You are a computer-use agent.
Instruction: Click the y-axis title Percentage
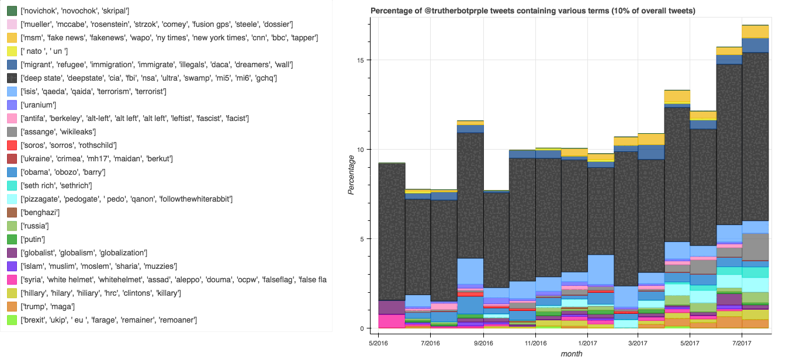point(351,175)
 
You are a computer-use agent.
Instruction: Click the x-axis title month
point(571,354)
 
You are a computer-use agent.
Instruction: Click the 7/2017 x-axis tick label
point(742,342)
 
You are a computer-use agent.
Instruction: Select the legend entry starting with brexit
point(108,320)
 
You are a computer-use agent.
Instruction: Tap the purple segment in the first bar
point(392,307)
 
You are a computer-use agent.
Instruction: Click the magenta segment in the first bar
point(392,321)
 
